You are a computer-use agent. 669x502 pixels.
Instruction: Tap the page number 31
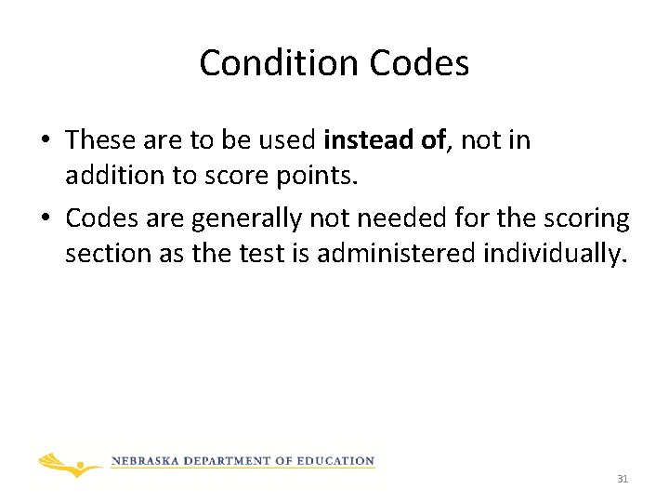point(623,480)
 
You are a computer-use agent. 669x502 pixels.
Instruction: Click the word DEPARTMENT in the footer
point(230,461)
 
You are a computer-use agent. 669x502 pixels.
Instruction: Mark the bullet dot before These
point(45,141)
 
